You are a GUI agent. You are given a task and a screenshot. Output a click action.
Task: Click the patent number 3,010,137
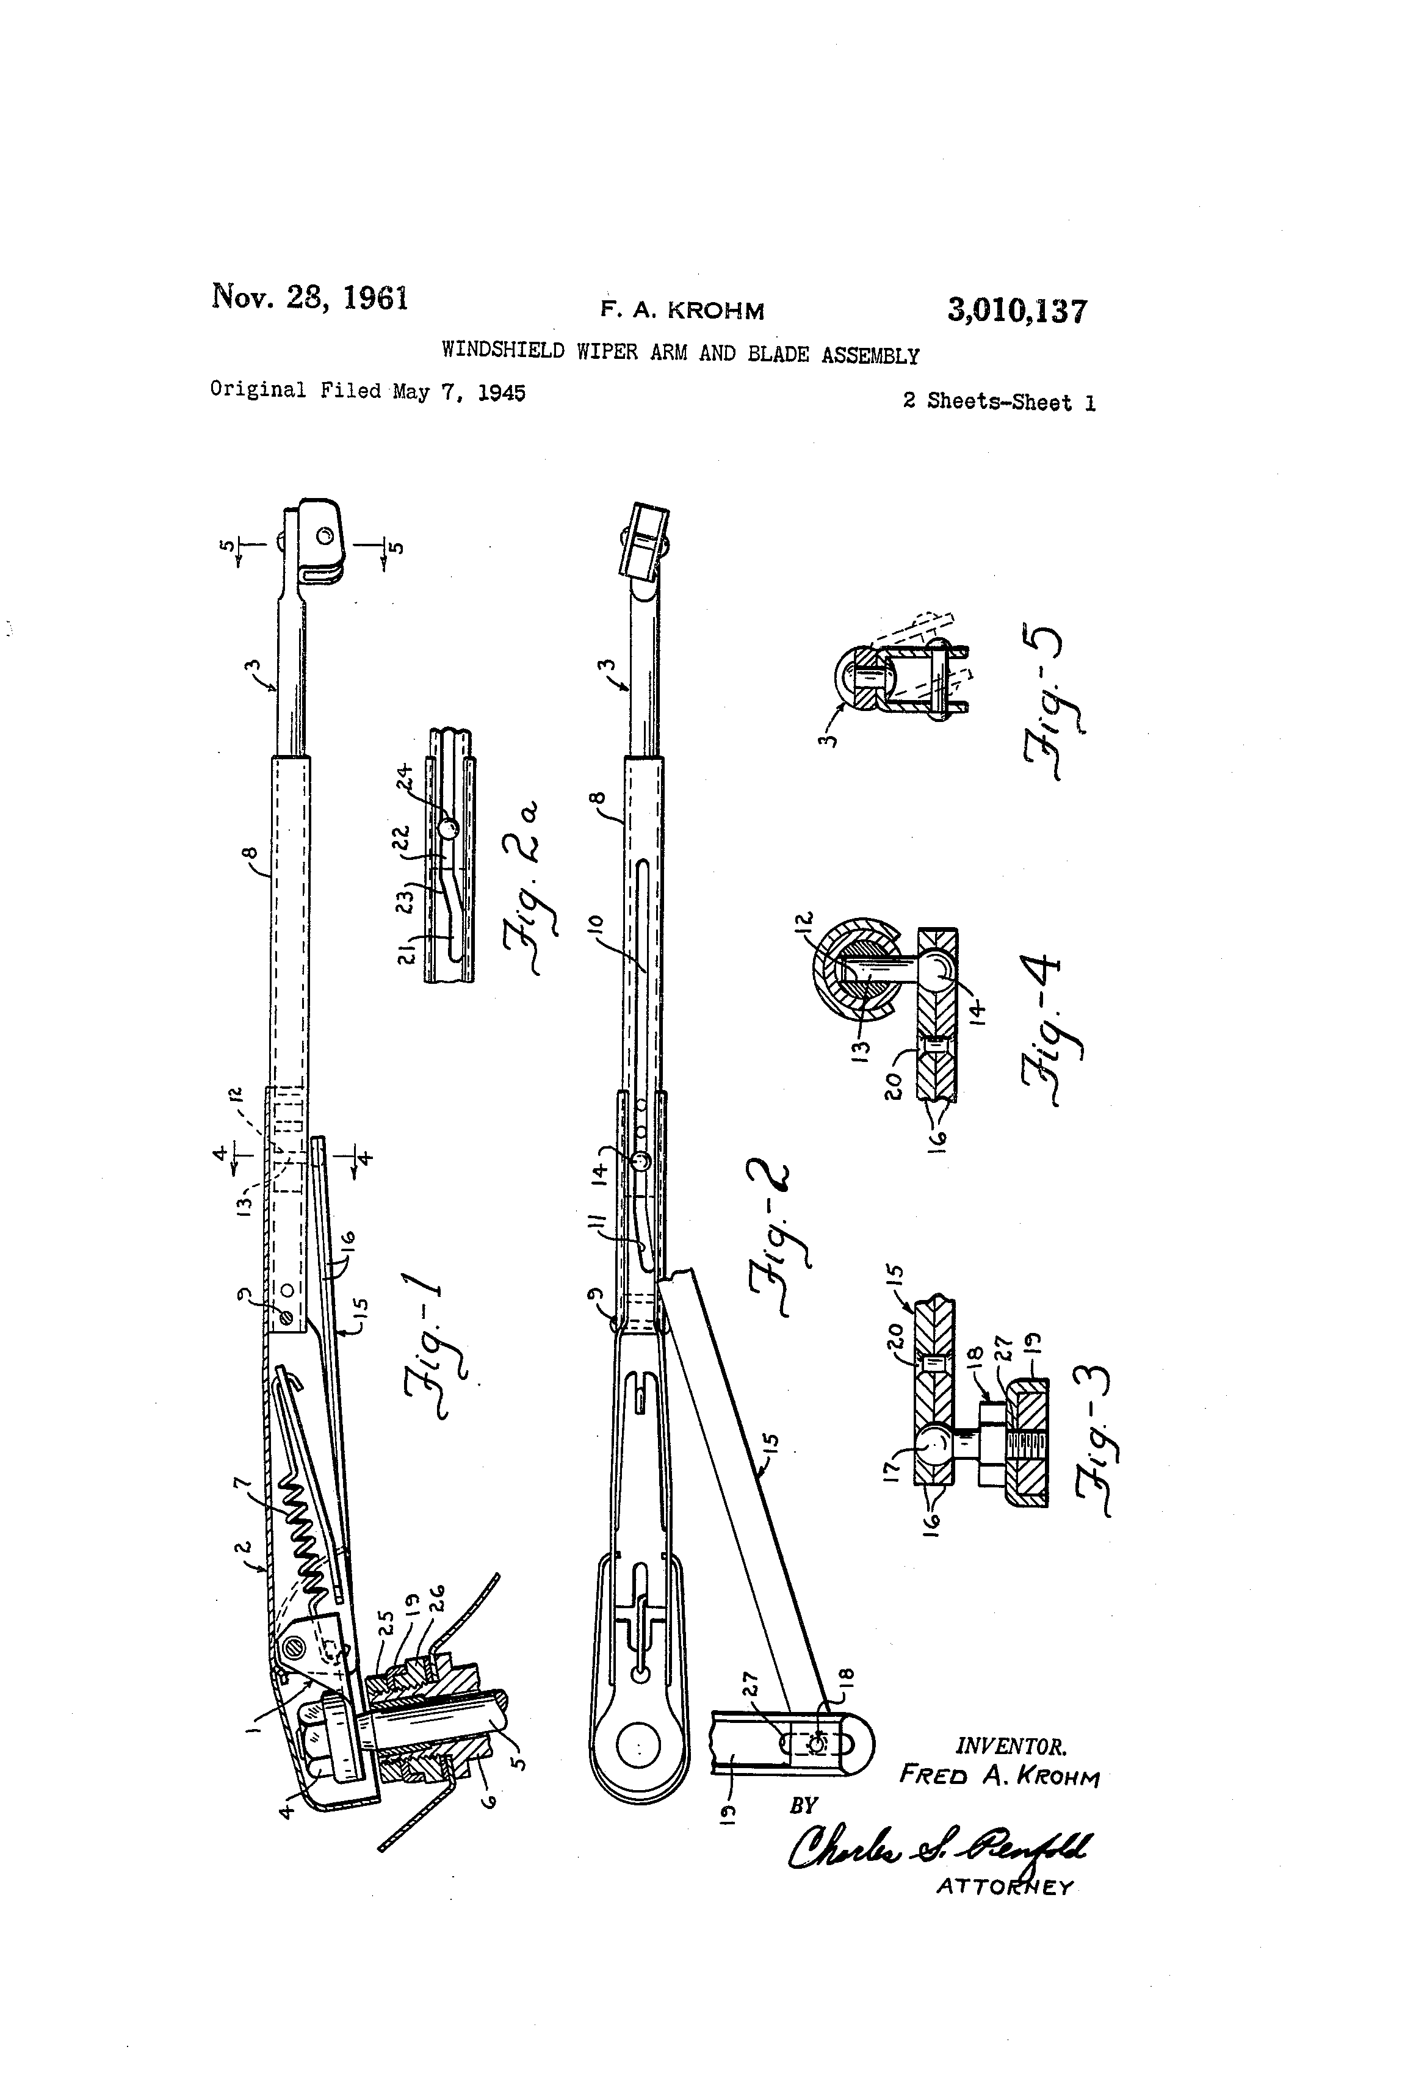pos(1017,311)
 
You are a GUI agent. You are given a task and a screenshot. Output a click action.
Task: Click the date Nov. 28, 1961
pos(309,296)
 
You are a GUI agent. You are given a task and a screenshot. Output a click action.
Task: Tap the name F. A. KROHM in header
pos(682,311)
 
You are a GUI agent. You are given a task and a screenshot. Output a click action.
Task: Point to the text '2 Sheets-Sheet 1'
pos(998,402)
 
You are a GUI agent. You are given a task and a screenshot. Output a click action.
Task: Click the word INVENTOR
pos(1011,1746)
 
